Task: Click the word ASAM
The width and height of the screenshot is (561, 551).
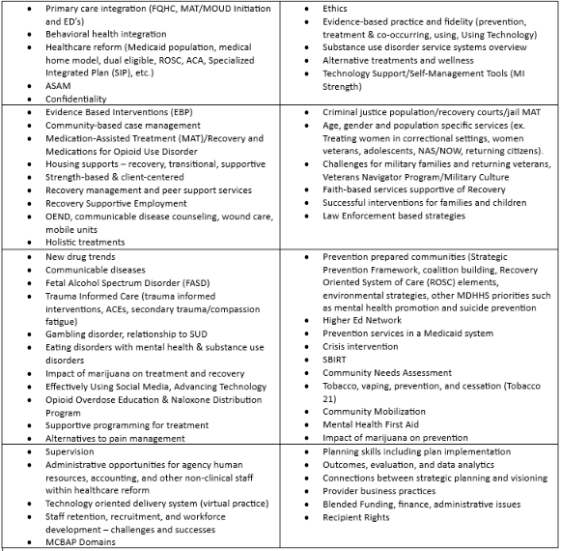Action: point(59,85)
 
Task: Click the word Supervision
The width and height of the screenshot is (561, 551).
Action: point(71,451)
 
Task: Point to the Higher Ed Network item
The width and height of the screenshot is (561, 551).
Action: point(362,319)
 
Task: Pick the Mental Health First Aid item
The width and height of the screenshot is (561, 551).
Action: point(370,423)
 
